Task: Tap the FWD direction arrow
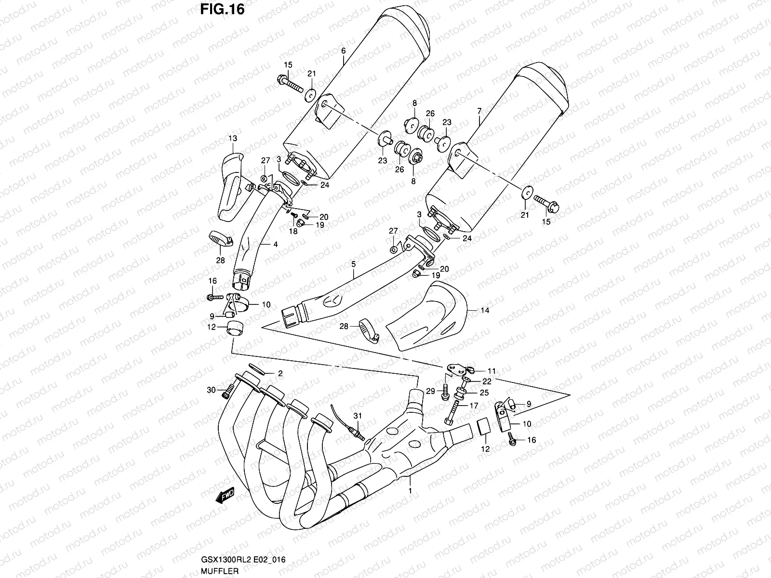(225, 495)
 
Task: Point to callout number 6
(343, 50)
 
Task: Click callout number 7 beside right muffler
(479, 111)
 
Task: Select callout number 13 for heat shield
(233, 138)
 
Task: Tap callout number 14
(484, 311)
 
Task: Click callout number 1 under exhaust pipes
(410, 492)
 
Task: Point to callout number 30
(210, 390)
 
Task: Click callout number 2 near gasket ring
(279, 373)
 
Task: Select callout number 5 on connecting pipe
(353, 264)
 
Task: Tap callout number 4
(275, 245)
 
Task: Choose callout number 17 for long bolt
(474, 406)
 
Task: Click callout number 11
(491, 371)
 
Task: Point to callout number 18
(293, 232)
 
